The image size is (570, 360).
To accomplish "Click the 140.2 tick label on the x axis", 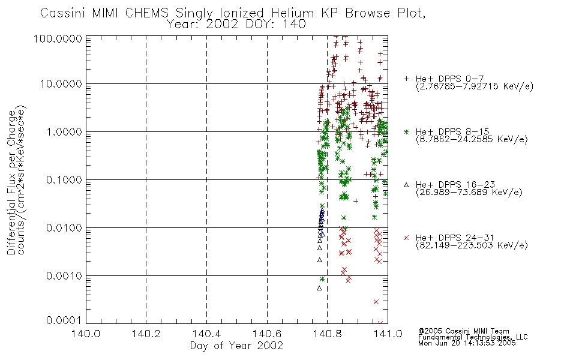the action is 146,334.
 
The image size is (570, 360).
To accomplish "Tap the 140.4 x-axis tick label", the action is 206,334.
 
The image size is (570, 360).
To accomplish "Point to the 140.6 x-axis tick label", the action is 267,334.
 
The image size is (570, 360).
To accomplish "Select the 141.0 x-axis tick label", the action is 388,334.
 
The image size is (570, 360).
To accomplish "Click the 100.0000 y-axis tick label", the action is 58,38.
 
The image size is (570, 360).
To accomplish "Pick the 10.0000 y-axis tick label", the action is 61,84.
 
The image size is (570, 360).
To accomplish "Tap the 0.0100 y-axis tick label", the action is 64,228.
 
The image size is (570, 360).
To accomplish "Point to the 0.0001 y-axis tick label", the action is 64,320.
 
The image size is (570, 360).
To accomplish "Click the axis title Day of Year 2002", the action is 236,346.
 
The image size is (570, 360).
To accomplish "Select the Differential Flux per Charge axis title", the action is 11,182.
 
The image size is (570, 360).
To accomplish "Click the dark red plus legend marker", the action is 406,79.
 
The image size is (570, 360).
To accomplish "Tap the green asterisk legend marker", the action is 406,131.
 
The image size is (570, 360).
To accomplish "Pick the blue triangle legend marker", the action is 406,185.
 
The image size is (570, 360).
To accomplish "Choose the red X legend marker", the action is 406,238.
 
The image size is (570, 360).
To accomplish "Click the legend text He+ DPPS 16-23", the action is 455,185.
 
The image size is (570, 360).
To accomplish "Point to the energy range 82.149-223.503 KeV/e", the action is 472,245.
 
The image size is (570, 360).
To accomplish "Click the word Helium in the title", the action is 292,13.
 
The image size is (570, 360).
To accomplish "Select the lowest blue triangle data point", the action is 319,288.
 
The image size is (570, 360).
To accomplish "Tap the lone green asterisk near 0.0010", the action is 322,279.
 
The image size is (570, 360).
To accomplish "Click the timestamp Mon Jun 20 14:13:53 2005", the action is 467,343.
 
